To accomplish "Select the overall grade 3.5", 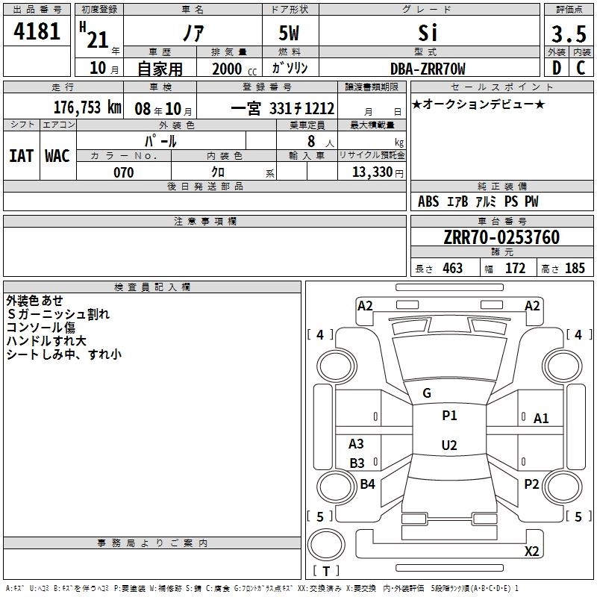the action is click(x=568, y=34).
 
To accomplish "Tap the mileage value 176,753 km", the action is click(x=87, y=107).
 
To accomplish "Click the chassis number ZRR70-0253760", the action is click(x=501, y=237).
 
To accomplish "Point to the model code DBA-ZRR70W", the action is click(x=428, y=69).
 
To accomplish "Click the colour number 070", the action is click(x=123, y=172).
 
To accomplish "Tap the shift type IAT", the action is click(x=21, y=156).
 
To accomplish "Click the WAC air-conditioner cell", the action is click(x=57, y=156).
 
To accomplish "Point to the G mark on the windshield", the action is click(x=427, y=393).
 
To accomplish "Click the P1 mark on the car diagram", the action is click(x=449, y=416).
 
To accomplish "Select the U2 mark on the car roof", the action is click(x=449, y=446).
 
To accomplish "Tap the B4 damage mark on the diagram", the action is click(x=367, y=484).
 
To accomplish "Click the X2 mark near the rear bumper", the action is click(x=532, y=551).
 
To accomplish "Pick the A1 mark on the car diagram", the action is click(x=541, y=419).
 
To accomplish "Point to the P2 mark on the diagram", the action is click(x=531, y=484).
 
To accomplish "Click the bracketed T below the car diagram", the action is click(x=326, y=571).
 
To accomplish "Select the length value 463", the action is click(x=453, y=269).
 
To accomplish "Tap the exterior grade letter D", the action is click(x=556, y=69).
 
